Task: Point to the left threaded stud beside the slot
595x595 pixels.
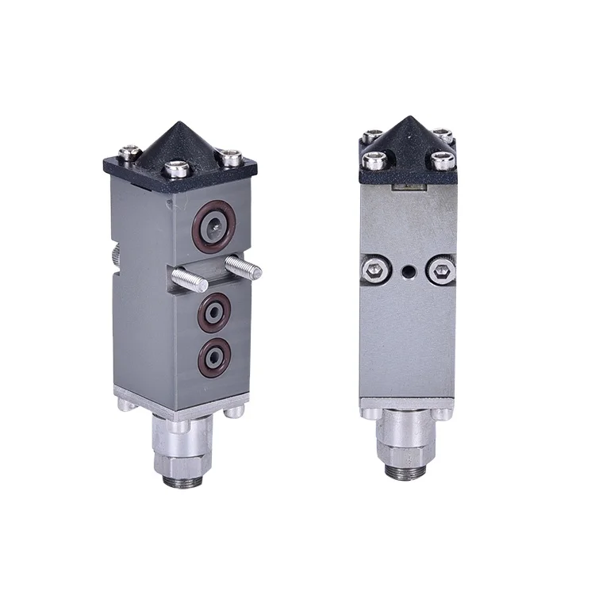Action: coord(191,278)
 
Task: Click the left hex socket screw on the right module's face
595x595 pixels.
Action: coord(377,272)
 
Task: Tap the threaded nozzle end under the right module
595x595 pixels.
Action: coord(408,471)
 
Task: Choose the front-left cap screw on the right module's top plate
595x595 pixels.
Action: coord(374,162)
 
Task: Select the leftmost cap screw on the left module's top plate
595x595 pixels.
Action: coord(128,151)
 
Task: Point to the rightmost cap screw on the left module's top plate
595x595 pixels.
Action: coord(232,158)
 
